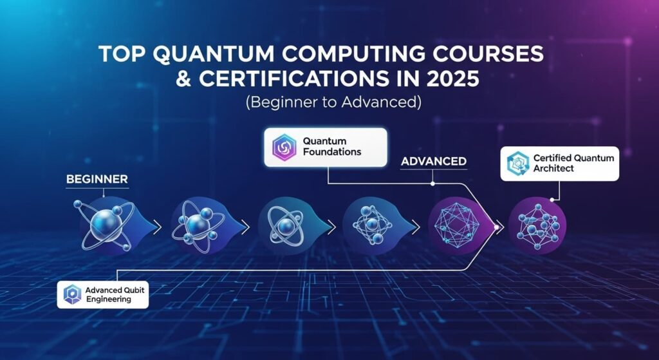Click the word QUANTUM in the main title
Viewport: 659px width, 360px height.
[202, 55]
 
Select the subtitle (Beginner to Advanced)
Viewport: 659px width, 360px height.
[333, 102]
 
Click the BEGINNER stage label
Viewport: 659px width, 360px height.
[97, 179]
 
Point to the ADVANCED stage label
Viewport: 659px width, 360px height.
[433, 162]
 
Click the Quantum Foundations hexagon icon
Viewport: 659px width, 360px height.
[284, 147]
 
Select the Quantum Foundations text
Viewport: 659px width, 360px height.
[332, 146]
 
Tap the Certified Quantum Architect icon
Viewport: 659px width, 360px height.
[518, 163]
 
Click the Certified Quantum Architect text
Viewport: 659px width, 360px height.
[573, 163]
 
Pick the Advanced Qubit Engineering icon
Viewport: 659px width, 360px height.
[72, 294]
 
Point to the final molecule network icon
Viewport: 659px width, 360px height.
[538, 227]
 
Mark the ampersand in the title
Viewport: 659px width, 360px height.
[183, 79]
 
